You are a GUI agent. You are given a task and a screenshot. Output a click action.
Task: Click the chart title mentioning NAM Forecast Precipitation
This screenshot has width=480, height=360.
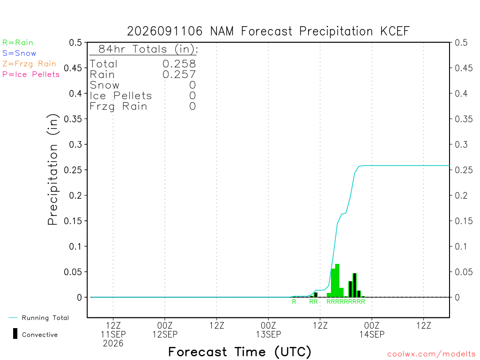pos(268,31)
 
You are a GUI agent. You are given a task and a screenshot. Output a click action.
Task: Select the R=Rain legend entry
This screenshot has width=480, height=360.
pos(18,43)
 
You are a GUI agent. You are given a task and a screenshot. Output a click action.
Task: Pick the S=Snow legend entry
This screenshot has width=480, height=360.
pos(19,53)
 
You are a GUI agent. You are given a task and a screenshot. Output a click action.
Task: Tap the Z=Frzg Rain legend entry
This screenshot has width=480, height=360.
pos(29,64)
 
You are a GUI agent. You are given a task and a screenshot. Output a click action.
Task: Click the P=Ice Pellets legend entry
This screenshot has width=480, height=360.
pos(31,75)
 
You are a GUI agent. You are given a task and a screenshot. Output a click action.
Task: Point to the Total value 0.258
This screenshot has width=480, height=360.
pos(179,64)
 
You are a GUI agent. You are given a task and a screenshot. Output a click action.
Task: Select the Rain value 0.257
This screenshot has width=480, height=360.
pos(179,75)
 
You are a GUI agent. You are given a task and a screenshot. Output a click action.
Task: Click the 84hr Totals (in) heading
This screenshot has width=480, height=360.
pos(148,49)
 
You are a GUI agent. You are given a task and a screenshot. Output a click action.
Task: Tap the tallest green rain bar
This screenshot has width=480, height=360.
pos(337,280)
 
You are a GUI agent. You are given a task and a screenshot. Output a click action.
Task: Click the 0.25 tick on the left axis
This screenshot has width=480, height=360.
pos(73,170)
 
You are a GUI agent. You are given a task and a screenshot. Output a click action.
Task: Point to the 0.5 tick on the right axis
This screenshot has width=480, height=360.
pos(461,43)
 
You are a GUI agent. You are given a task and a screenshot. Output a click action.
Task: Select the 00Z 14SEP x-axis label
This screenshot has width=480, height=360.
pos(372,330)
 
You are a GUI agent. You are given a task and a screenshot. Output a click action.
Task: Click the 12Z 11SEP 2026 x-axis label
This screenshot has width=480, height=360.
pos(113,334)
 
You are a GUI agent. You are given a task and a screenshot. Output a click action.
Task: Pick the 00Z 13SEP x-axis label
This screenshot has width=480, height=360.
pos(269,330)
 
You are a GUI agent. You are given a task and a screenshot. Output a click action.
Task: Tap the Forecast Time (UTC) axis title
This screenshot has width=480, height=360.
pos(240,352)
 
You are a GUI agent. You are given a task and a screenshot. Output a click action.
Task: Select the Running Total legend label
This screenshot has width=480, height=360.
pos(45,318)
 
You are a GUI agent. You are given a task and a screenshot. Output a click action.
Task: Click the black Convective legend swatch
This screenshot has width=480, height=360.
pos(15,334)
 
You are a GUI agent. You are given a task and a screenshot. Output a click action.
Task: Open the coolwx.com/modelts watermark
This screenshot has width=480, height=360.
pos(431,354)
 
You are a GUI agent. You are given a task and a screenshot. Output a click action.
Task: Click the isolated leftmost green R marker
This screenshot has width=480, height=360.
pos(294,301)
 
